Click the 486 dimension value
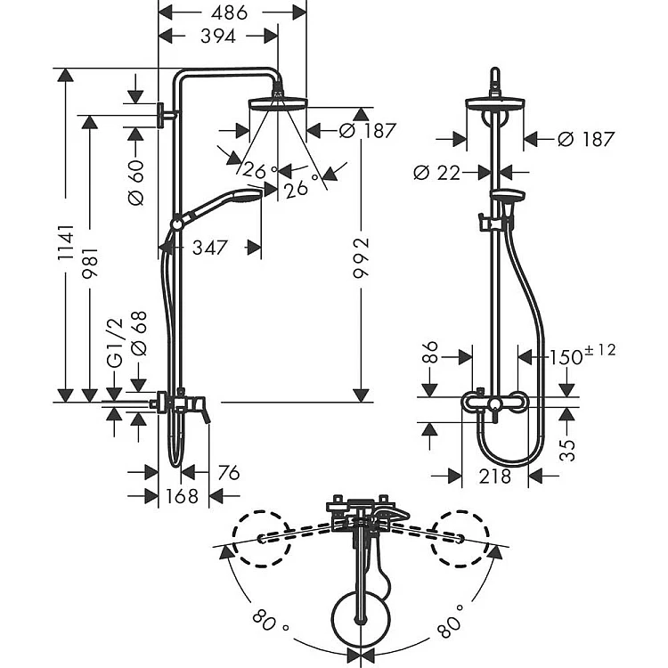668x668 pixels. pyautogui.click(x=230, y=12)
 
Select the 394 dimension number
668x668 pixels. pyautogui.click(x=216, y=37)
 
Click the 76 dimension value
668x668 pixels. pyautogui.click(x=229, y=473)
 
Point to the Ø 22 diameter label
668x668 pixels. pyautogui.click(x=436, y=173)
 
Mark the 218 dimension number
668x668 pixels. pyautogui.click(x=495, y=476)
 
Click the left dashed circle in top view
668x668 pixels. pyautogui.click(x=262, y=537)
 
